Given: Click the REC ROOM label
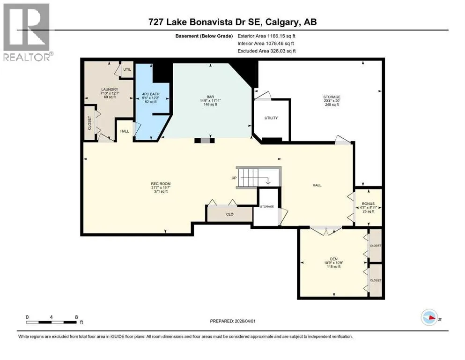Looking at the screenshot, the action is coord(161,184).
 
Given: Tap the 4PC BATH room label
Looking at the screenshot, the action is coord(151,94).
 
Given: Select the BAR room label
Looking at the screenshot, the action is coord(210,97).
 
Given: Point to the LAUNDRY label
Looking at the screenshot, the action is coord(110,90).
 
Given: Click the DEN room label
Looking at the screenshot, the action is coord(333,259).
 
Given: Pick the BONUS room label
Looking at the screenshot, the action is coord(368,203).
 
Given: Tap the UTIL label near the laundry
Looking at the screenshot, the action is coord(127,69).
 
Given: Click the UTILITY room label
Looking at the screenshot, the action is coord(271,118).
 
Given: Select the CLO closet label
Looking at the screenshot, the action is coord(230,214).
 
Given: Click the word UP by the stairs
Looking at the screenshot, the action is coord(234,178).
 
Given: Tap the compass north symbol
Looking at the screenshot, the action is coord(429,317).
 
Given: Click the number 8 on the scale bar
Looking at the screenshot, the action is coord(76,317).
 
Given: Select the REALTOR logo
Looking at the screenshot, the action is coord(27,32).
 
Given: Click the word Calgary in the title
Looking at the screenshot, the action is coord(282,22).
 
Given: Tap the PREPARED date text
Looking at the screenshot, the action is coord(232,321).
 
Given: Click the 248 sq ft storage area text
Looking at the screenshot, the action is coord(332,105).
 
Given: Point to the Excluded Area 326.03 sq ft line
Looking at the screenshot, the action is coord(266,51).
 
